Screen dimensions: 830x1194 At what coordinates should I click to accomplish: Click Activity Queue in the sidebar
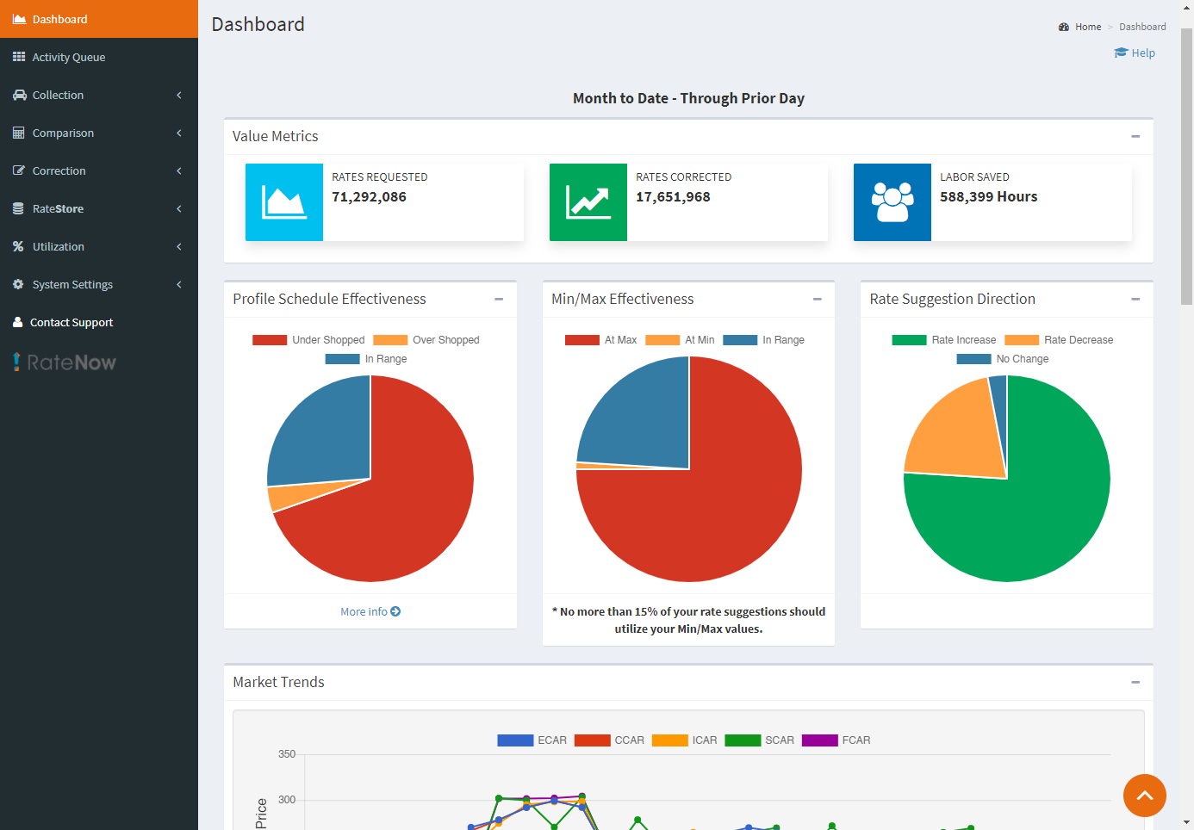68,57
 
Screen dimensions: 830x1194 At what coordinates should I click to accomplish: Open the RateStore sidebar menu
58,208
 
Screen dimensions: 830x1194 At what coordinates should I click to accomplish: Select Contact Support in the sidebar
72,322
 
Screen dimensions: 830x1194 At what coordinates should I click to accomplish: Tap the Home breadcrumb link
1087,27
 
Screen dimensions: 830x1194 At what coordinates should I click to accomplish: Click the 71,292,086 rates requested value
369,197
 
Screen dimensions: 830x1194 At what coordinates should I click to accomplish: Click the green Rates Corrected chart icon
588,202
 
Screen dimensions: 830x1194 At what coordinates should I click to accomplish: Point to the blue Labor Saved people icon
892,202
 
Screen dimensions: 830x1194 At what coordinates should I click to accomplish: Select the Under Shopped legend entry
309,340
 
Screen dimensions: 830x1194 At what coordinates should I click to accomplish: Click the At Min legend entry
681,340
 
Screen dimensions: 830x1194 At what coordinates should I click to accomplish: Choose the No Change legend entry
1004,359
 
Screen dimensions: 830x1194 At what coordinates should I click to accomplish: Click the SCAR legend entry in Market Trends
760,740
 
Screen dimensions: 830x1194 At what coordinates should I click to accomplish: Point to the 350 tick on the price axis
287,754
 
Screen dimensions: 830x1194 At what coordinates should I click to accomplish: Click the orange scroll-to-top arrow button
1144,796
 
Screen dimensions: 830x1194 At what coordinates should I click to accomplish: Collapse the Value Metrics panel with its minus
1135,136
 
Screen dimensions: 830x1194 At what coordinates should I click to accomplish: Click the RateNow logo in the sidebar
65,362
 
